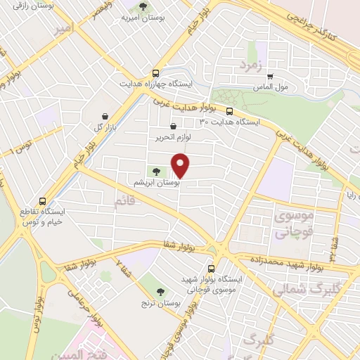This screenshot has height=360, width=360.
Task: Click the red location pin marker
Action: (x=181, y=165)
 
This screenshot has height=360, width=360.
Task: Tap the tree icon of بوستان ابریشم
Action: (x=155, y=171)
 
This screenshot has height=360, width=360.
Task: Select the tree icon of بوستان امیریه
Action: (x=143, y=7)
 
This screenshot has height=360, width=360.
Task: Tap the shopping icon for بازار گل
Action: (x=104, y=116)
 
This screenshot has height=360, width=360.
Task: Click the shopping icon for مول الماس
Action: (x=270, y=77)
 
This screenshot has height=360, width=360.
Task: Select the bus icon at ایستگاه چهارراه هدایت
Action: (x=155, y=73)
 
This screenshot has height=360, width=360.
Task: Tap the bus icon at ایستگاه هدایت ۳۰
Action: (x=229, y=111)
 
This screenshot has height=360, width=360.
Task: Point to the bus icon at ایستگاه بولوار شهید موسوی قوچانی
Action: (x=212, y=269)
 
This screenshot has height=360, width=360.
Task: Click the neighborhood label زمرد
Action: (x=250, y=67)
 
